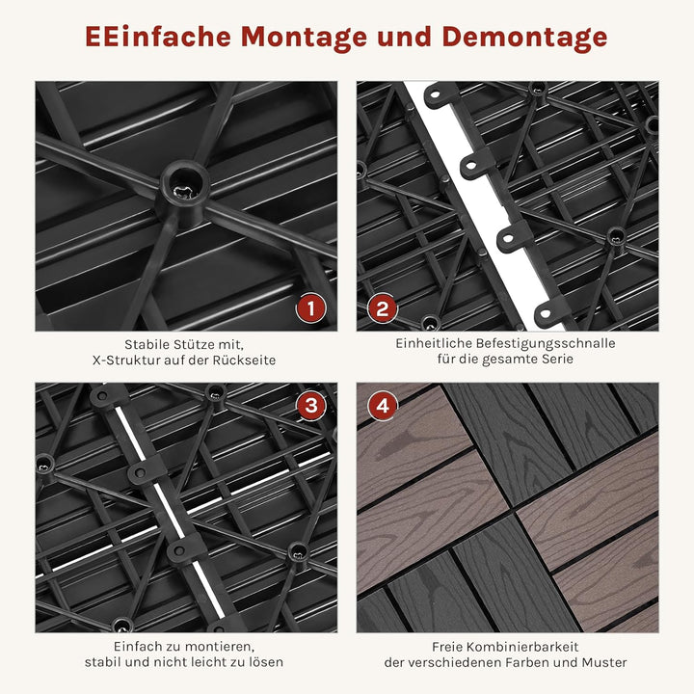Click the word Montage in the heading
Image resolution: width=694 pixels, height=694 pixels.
point(290,37)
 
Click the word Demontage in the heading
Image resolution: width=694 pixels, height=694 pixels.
point(525,37)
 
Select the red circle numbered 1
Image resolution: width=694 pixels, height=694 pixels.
point(310,308)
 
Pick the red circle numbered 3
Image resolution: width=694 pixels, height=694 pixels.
point(310,406)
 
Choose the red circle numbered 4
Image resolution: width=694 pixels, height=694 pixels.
point(383,406)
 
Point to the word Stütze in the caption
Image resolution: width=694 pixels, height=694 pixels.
point(193,344)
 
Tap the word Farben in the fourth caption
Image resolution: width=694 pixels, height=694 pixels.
point(522,662)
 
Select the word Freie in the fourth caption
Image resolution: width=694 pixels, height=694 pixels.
point(450,646)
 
